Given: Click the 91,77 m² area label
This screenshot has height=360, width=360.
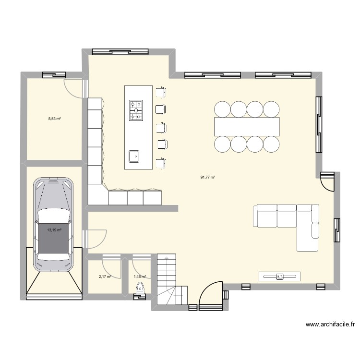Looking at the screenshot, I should (207, 177).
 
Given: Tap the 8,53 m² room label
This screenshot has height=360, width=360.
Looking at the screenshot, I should (54, 118).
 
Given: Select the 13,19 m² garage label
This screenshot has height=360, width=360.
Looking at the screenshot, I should (54, 230).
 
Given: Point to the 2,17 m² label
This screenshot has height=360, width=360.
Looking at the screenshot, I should (105, 276).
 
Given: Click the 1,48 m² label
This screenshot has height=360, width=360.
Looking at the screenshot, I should (140, 276).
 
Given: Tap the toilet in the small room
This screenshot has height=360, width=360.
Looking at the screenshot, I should (140, 289).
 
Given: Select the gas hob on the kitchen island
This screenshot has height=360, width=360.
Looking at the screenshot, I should (136, 110).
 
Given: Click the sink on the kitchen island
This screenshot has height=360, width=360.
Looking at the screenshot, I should (134, 156).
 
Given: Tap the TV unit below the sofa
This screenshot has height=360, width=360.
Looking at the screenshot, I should (279, 276).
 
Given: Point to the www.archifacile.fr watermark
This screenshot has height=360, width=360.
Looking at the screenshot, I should (330, 325).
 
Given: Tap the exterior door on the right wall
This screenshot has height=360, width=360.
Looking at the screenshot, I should (328, 181).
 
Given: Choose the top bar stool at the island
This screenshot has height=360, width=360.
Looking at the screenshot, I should (161, 92).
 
